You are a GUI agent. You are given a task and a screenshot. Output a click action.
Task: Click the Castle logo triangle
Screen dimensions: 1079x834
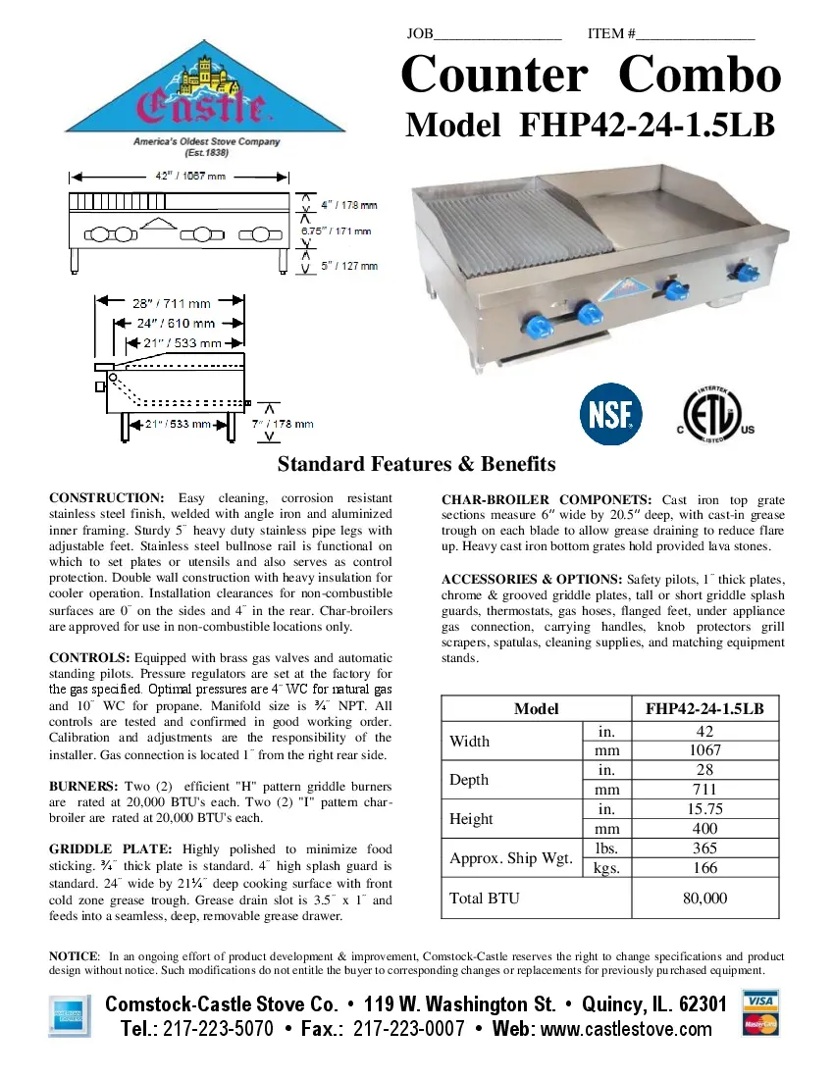pos(205,98)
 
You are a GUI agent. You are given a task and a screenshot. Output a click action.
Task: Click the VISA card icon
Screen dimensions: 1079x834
pos(761,1001)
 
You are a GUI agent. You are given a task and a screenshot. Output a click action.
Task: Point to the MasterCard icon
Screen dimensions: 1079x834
pos(761,1025)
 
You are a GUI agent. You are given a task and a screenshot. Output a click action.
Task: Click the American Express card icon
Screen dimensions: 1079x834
pos(70,1014)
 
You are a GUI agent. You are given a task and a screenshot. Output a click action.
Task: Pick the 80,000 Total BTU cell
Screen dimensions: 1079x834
pos(704,898)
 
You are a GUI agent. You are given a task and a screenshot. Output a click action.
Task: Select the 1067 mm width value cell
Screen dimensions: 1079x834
pos(704,750)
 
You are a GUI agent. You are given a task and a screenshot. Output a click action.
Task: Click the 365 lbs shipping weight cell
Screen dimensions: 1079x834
pos(704,848)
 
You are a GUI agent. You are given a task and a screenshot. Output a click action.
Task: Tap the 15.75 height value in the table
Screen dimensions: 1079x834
pos(704,809)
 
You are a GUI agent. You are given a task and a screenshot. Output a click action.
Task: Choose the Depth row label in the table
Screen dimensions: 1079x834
pos(469,780)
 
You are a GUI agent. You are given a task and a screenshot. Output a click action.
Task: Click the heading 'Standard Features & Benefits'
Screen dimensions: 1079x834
pos(416,464)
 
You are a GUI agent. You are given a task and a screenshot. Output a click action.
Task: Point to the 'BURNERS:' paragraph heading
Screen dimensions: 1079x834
pos(84,787)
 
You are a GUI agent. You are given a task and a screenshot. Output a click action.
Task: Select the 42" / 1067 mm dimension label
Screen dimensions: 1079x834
pos(178,177)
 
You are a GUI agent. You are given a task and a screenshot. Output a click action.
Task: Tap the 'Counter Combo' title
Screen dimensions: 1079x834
pos(591,75)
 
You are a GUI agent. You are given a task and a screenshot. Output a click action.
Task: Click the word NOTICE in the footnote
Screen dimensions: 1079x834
pos(74,956)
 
